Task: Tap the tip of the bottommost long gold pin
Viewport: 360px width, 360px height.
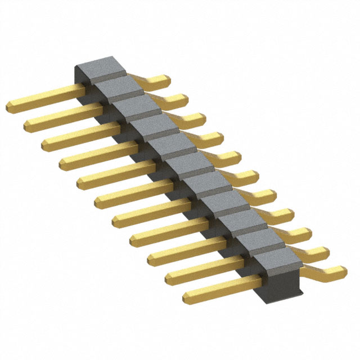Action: [x=187, y=296]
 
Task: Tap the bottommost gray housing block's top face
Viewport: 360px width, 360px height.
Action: [x=276, y=259]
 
